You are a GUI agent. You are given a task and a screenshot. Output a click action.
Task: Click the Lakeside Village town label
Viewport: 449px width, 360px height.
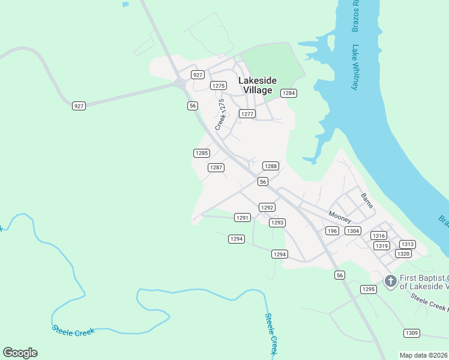(x=258, y=85)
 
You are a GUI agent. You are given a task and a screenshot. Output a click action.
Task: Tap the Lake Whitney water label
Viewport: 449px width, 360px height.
(x=355, y=68)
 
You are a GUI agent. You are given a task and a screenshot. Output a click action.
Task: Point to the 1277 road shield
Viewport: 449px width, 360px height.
(x=247, y=113)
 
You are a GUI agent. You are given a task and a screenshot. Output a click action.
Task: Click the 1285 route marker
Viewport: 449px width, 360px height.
(x=202, y=153)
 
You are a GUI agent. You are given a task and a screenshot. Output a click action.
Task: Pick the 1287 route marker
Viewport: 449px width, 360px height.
(x=216, y=167)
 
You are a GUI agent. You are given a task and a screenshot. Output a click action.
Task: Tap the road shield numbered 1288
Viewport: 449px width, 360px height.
(x=271, y=166)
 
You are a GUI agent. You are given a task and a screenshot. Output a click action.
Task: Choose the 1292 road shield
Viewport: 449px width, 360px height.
(x=267, y=208)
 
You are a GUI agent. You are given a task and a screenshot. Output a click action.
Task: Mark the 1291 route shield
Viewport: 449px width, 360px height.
(x=242, y=218)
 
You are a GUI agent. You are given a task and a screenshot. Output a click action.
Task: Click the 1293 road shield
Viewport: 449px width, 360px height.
(x=277, y=223)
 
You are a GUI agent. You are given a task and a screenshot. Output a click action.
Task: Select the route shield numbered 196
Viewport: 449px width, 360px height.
(x=332, y=231)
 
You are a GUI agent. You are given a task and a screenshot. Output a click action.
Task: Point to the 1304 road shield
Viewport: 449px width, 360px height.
(x=353, y=231)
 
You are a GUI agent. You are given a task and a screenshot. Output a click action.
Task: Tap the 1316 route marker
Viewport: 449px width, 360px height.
(x=378, y=235)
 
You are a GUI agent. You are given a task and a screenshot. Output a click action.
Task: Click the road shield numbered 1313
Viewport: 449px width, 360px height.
(x=408, y=244)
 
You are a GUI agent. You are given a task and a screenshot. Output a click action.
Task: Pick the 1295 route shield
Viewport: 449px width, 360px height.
(x=369, y=289)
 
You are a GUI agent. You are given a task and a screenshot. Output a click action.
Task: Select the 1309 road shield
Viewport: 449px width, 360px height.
(x=411, y=333)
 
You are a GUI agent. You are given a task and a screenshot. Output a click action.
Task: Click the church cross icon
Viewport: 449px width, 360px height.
(x=390, y=280)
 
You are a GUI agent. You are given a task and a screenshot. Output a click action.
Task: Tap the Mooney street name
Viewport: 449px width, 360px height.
(x=340, y=217)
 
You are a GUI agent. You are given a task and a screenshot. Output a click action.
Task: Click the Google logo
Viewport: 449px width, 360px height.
(x=20, y=353)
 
